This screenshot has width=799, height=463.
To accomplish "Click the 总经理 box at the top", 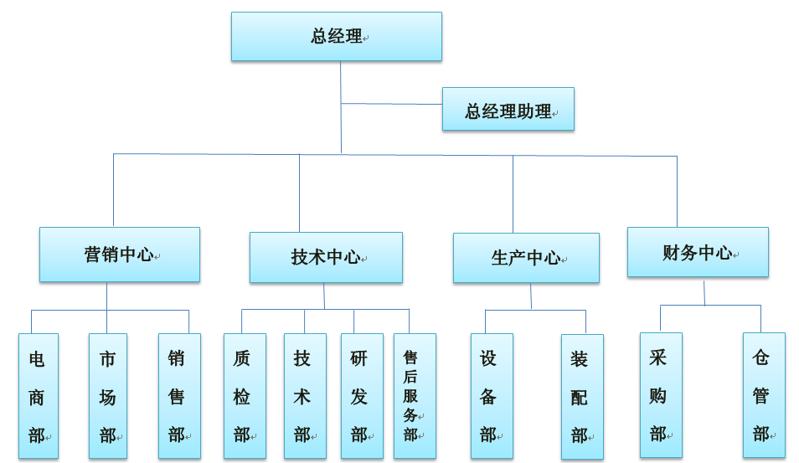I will click(336, 37).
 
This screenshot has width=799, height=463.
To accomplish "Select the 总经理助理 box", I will click(508, 110).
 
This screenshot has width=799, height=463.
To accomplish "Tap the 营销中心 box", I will click(119, 255).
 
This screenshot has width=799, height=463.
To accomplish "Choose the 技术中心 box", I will click(325, 258).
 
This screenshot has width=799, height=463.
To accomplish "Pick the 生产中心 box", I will click(525, 258).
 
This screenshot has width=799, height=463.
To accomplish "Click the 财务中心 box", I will click(697, 252).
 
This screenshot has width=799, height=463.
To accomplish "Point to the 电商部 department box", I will click(38, 396).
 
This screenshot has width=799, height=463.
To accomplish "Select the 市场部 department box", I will click(107, 396).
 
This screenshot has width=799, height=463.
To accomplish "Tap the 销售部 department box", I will click(178, 396).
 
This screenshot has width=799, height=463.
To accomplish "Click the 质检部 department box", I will click(244, 396).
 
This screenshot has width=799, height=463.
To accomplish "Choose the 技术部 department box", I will click(304, 396).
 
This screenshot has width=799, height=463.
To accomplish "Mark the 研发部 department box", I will click(361, 396).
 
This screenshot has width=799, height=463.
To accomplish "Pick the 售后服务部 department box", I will click(414, 396).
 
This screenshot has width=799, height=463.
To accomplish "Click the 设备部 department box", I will click(491, 396).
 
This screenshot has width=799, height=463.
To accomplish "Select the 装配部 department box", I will click(581, 397).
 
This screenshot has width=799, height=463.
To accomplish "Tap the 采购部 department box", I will click(660, 395).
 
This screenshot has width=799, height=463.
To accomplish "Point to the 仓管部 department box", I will click(763, 395).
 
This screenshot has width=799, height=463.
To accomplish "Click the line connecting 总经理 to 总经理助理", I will click(391, 104).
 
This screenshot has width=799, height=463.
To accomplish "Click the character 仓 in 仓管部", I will click(760, 358).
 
